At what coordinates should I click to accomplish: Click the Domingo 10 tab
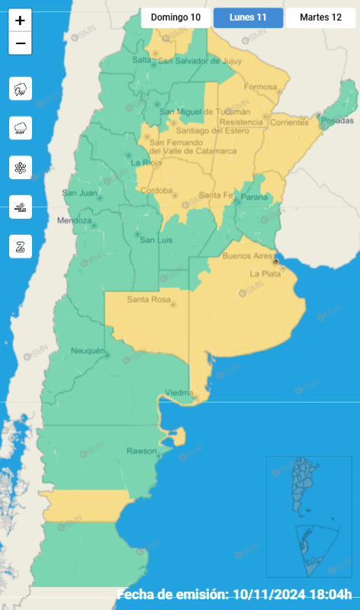pos(175,17)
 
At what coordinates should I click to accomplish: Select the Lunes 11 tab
pos(248,17)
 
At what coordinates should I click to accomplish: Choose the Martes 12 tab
pos(320,17)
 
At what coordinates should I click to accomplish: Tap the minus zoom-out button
pos(20,43)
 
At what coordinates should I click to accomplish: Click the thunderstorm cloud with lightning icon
pos(21,88)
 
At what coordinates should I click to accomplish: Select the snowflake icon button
pos(21,167)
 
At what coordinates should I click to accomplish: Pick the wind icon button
pos(21,207)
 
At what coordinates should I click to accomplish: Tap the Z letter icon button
pos(21,246)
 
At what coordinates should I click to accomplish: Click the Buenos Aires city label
pos(247,257)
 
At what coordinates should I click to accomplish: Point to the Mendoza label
pos(74,221)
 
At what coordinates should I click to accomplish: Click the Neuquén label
pos(86,350)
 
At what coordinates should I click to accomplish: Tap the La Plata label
pos(265,273)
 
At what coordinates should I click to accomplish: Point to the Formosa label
pos(260,87)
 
